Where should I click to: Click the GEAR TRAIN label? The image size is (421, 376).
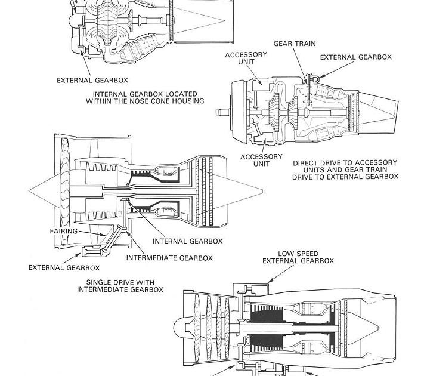coord(295,44)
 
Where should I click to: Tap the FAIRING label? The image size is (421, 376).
coord(63,230)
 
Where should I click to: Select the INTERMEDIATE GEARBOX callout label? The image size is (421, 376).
coord(169,258)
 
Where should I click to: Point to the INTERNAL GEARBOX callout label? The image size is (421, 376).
coord(188,241)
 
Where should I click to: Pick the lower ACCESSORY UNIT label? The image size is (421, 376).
coord(261,160)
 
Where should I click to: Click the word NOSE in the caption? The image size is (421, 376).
coord(153,101)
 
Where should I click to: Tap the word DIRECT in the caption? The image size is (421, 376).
coord(307,162)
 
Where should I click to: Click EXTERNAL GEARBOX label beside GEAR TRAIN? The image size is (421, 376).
coord(356,57)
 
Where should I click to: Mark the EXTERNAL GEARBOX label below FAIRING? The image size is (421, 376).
coord(64,267)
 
